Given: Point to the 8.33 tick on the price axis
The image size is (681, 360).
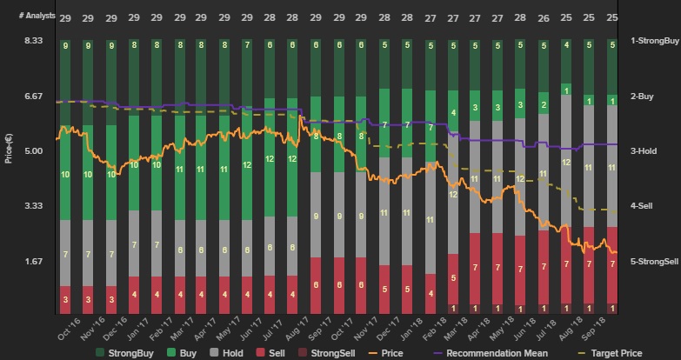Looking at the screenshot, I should (x=33, y=41).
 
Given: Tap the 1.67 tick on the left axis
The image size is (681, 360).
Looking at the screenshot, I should (x=33, y=261).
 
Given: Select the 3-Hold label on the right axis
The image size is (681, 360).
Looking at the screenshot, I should (x=644, y=150).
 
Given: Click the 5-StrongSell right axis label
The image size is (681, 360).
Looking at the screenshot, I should (x=655, y=261).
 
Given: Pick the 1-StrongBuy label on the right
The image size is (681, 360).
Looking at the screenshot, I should (x=654, y=41).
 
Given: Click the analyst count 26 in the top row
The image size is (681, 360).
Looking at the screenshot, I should (x=544, y=18).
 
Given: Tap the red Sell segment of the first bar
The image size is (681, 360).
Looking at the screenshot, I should (x=65, y=297).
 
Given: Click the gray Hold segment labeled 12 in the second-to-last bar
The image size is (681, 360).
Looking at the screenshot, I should (x=566, y=162).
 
